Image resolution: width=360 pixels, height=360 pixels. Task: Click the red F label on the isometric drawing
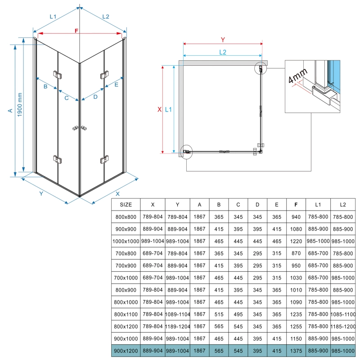(77, 31)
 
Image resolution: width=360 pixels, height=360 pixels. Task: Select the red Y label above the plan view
(223, 39)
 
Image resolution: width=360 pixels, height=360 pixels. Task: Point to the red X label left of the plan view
(159, 109)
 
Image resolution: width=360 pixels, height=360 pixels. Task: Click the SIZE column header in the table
(126, 204)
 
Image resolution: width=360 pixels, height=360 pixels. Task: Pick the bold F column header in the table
(295, 204)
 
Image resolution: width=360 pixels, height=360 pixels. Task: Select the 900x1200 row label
(126, 350)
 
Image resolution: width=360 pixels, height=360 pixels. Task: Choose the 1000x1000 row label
(126, 241)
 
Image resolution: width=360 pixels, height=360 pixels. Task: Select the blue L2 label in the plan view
(223, 52)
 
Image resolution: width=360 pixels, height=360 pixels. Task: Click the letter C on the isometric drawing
(66, 98)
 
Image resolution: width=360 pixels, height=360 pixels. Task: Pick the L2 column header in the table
(343, 204)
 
